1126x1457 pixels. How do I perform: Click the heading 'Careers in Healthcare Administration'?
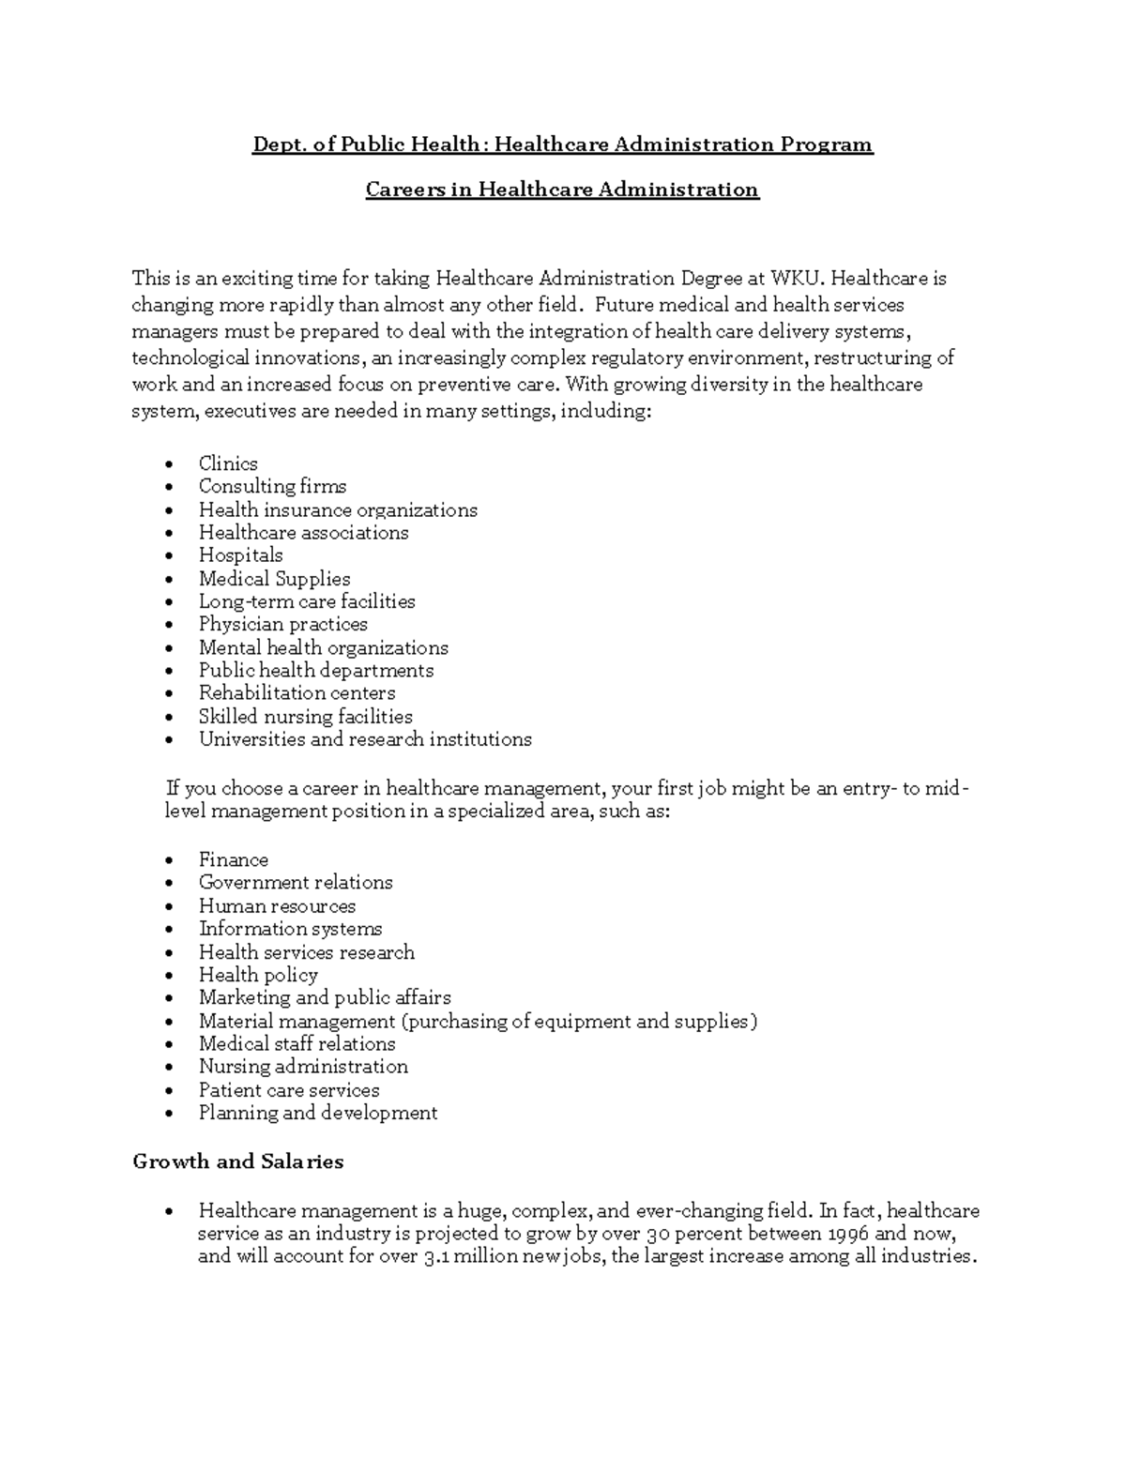point(561,190)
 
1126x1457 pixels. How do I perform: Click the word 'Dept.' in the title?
point(277,144)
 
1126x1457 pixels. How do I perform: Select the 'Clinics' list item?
point(228,463)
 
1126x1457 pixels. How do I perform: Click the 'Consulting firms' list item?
point(272,486)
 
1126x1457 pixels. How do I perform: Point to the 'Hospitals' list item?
point(240,554)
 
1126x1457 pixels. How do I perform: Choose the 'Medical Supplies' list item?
point(274,579)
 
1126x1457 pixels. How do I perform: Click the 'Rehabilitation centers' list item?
point(297,692)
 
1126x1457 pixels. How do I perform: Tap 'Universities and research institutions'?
point(365,739)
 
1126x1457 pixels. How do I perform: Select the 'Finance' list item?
point(233,859)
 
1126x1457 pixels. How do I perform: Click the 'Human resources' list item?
point(277,906)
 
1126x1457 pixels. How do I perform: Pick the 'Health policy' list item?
point(258,975)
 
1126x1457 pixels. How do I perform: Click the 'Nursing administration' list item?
point(303,1067)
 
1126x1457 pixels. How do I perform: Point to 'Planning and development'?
point(318,1113)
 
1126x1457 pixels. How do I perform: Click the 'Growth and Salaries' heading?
point(238,1161)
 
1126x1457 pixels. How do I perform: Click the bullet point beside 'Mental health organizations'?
point(168,648)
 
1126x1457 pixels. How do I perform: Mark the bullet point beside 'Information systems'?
point(168,930)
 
